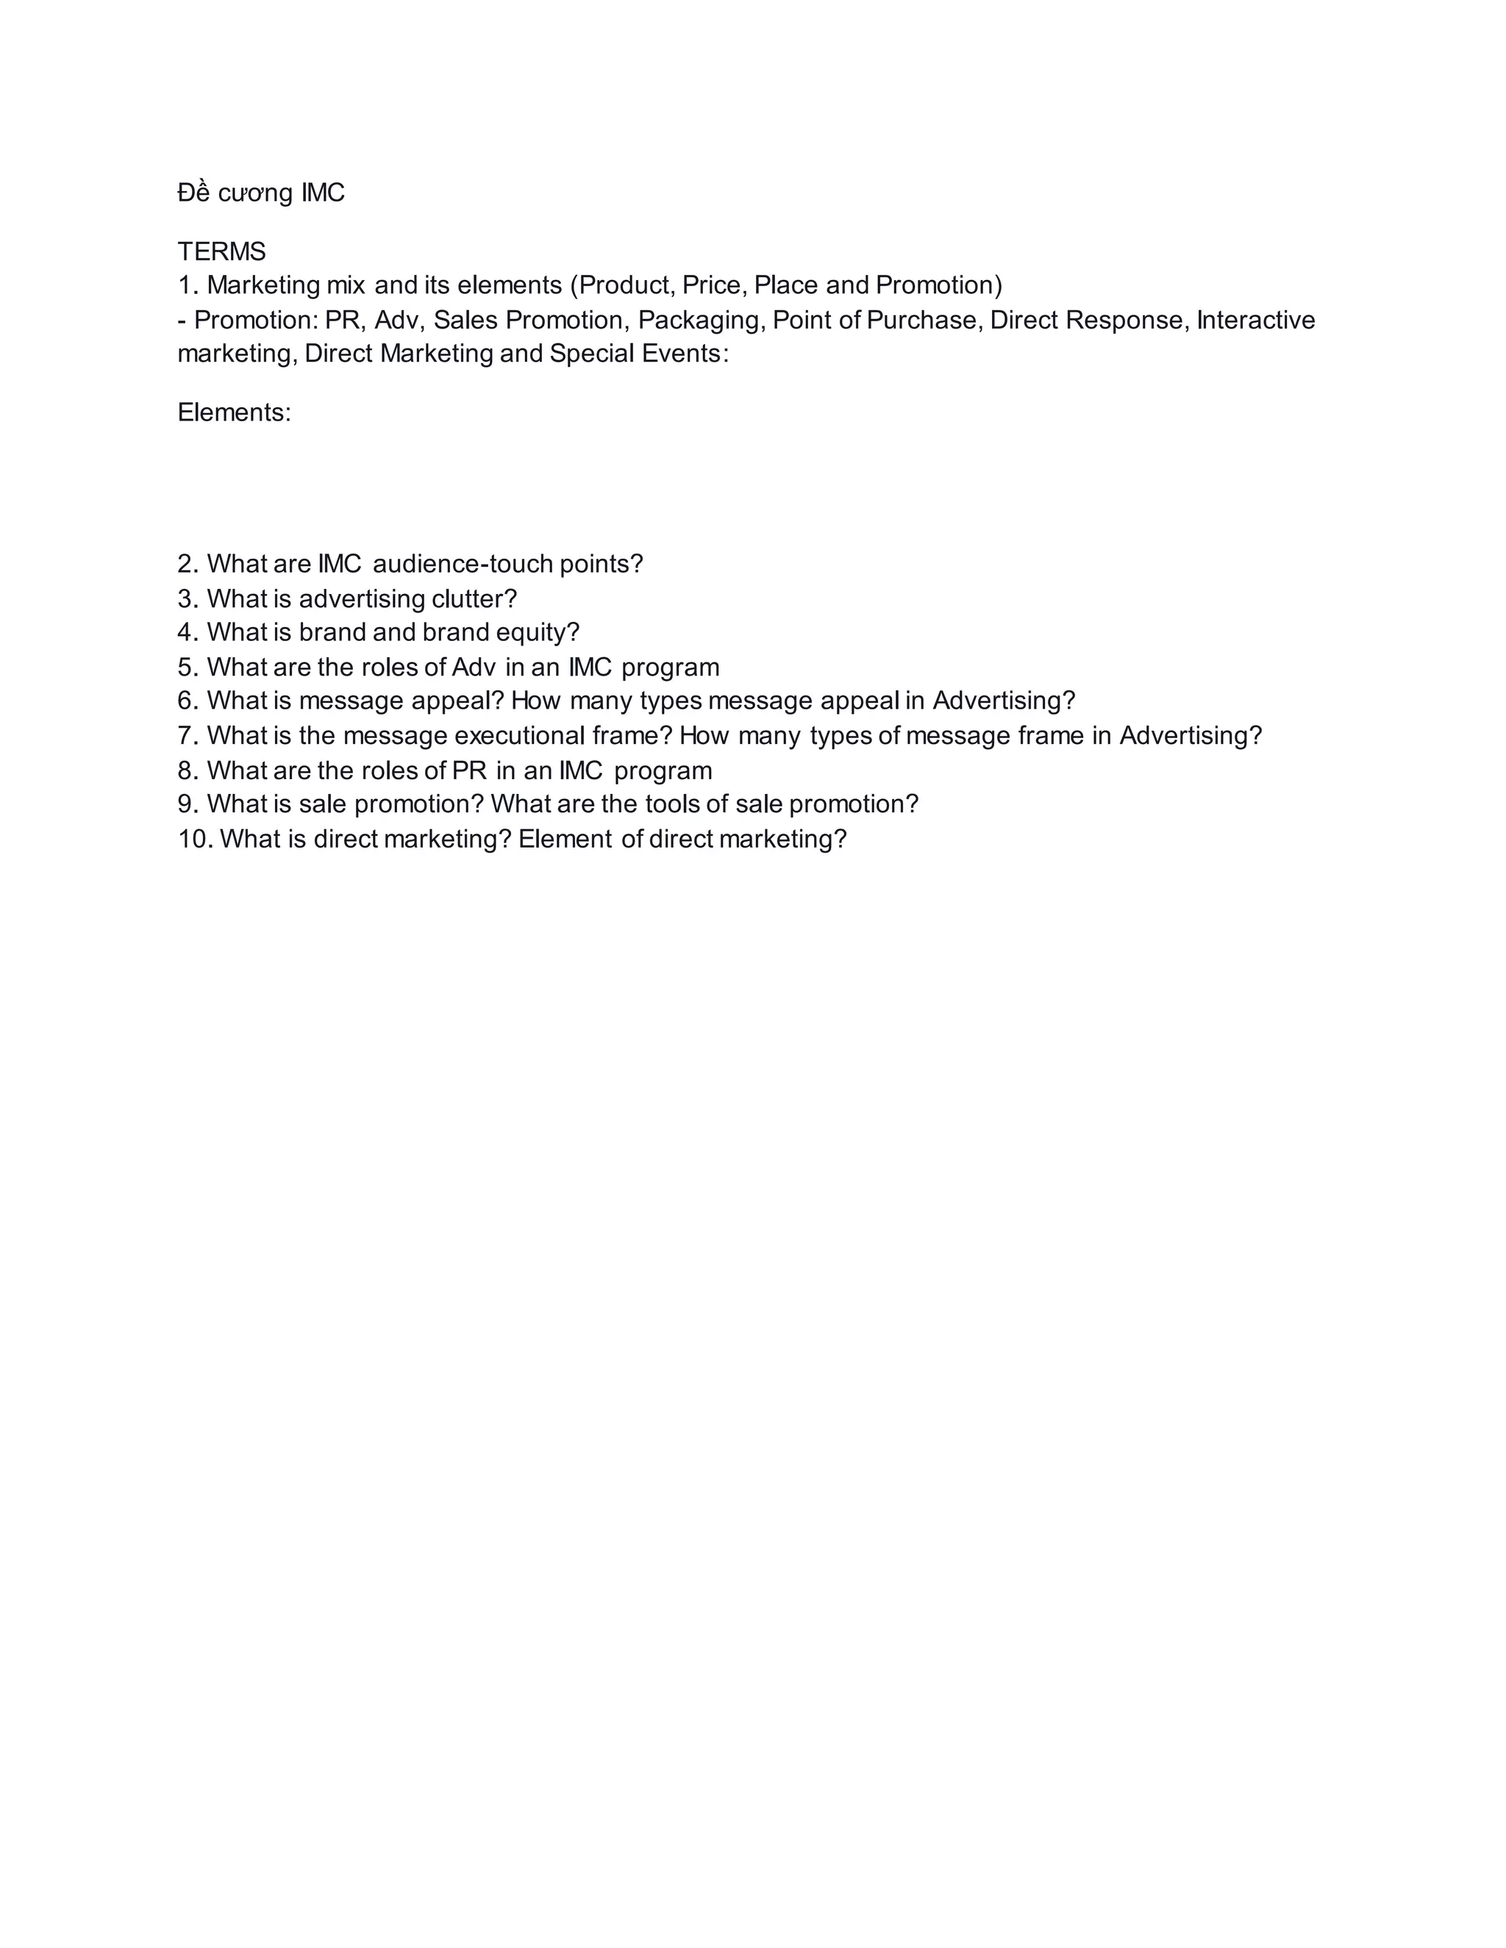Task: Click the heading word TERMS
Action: [x=221, y=251]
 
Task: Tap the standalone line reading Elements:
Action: [x=234, y=413]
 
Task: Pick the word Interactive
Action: [x=1255, y=321]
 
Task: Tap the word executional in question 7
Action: [x=519, y=737]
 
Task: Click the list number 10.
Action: [x=192, y=839]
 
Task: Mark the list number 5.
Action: [x=187, y=668]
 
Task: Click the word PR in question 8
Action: [x=469, y=770]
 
